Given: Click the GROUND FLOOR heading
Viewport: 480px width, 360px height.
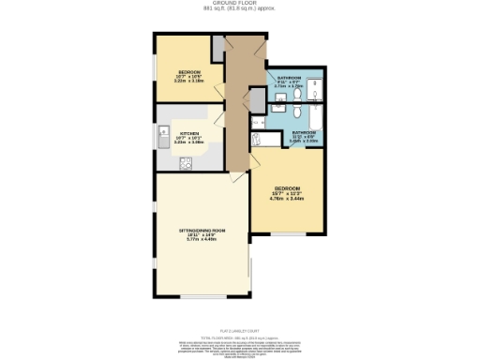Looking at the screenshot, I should click(x=240, y=4).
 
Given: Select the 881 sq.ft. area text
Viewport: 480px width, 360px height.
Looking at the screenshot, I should click(x=240, y=9).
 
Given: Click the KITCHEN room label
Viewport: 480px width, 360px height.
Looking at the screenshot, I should click(x=188, y=133).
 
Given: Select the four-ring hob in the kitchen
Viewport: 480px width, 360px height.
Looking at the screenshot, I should click(x=185, y=163).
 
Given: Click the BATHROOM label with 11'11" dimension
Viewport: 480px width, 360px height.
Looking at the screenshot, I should click(x=303, y=133).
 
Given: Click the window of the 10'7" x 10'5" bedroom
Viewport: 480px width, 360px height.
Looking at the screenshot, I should click(x=155, y=70).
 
